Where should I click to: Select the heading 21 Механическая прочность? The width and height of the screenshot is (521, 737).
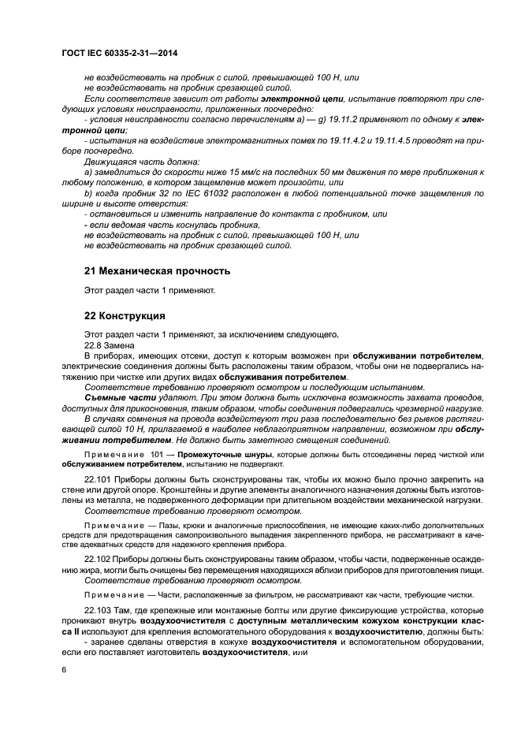point(157,270)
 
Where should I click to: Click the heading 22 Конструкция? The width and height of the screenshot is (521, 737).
point(125,316)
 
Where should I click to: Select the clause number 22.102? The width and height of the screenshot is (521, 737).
point(100,559)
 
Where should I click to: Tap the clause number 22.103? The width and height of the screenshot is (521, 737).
point(100,611)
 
